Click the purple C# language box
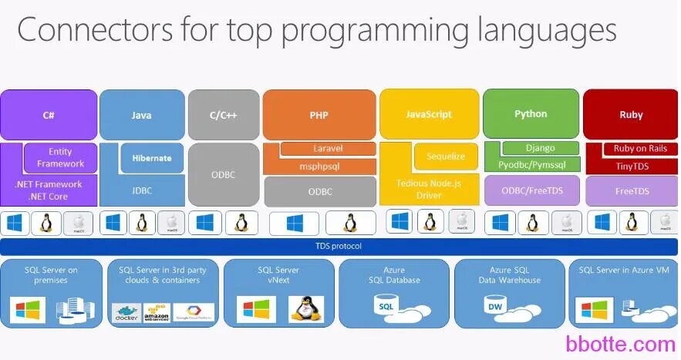click(49, 115)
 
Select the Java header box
click(142, 115)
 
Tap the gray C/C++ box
click(223, 115)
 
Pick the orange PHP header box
click(319, 115)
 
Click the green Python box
click(531, 113)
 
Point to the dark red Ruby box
click(631, 115)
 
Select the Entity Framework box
click(60, 158)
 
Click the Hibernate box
click(152, 158)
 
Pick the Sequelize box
click(446, 156)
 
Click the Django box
click(540, 148)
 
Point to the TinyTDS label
click(631, 166)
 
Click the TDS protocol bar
click(339, 247)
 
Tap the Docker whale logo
click(126, 312)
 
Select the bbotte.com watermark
click(620, 344)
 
